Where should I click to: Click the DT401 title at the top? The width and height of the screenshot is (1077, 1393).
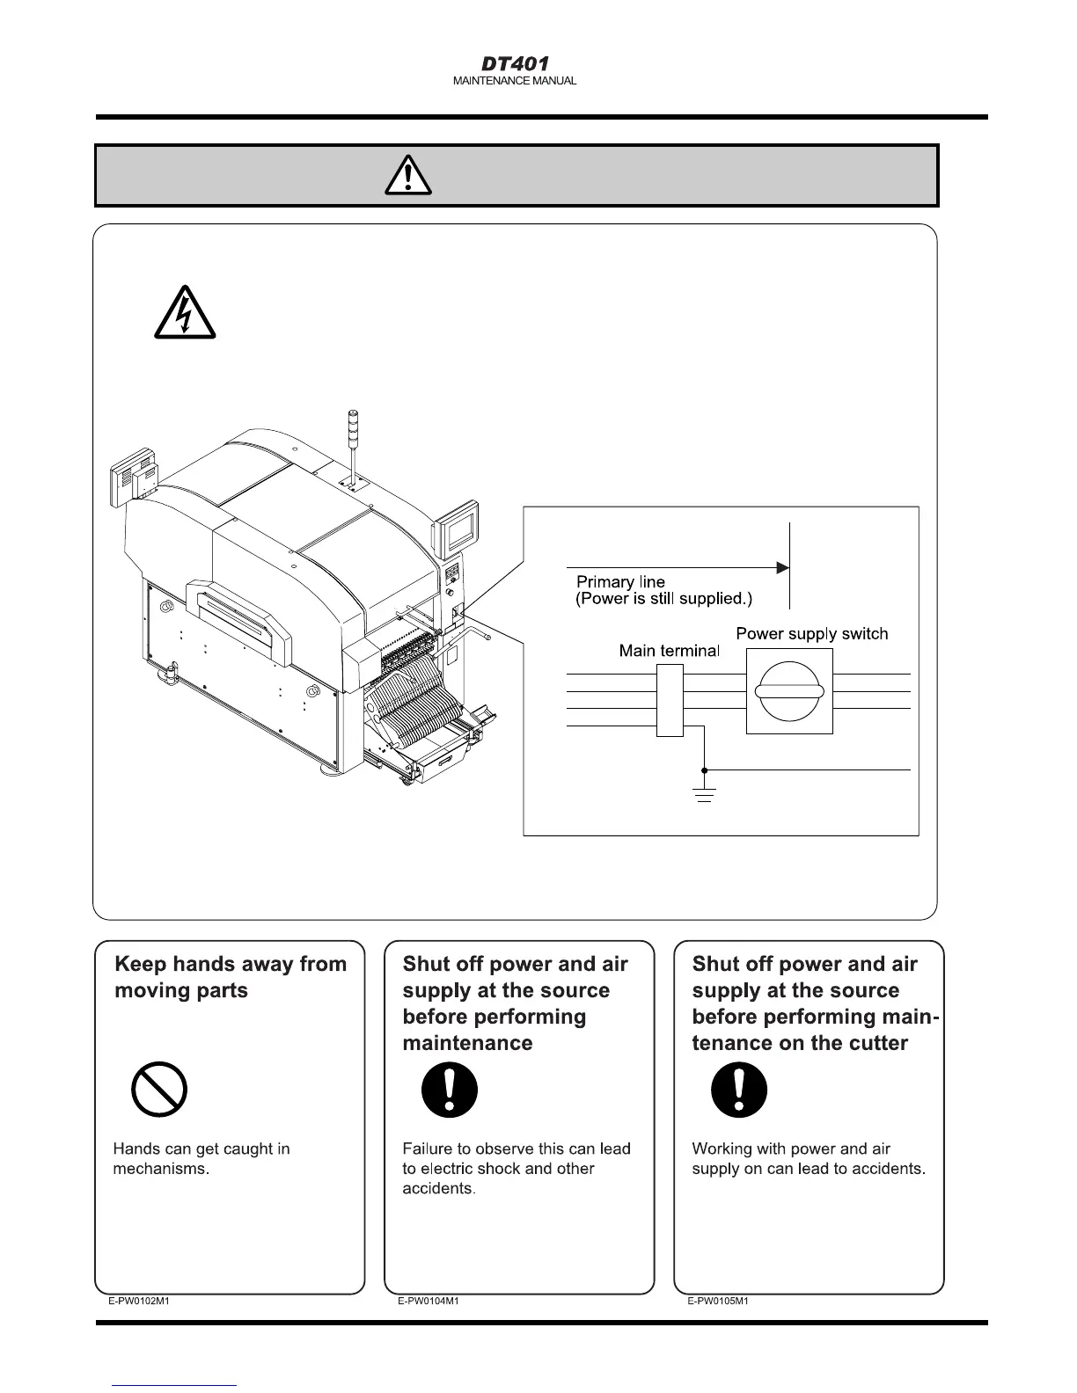[515, 64]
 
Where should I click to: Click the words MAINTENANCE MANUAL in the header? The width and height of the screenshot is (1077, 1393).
[515, 81]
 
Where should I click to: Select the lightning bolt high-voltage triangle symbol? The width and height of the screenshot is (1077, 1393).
[185, 313]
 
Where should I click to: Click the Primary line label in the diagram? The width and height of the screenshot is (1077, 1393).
[620, 582]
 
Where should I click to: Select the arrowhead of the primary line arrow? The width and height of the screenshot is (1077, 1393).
[782, 568]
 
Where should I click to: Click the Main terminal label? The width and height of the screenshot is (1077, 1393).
[669, 651]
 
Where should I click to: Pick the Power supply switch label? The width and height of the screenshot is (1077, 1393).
[811, 634]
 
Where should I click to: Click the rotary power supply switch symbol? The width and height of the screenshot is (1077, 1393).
[789, 691]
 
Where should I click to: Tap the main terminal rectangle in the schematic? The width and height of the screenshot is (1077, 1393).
[670, 700]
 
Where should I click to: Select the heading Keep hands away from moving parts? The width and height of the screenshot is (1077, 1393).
[231, 977]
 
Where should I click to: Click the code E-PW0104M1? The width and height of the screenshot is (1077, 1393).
[428, 1302]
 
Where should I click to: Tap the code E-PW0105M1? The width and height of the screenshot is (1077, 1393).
[718, 1302]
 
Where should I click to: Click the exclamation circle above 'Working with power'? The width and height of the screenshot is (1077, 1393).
[738, 1090]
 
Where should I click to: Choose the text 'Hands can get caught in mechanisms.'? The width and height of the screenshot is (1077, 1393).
[201, 1159]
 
